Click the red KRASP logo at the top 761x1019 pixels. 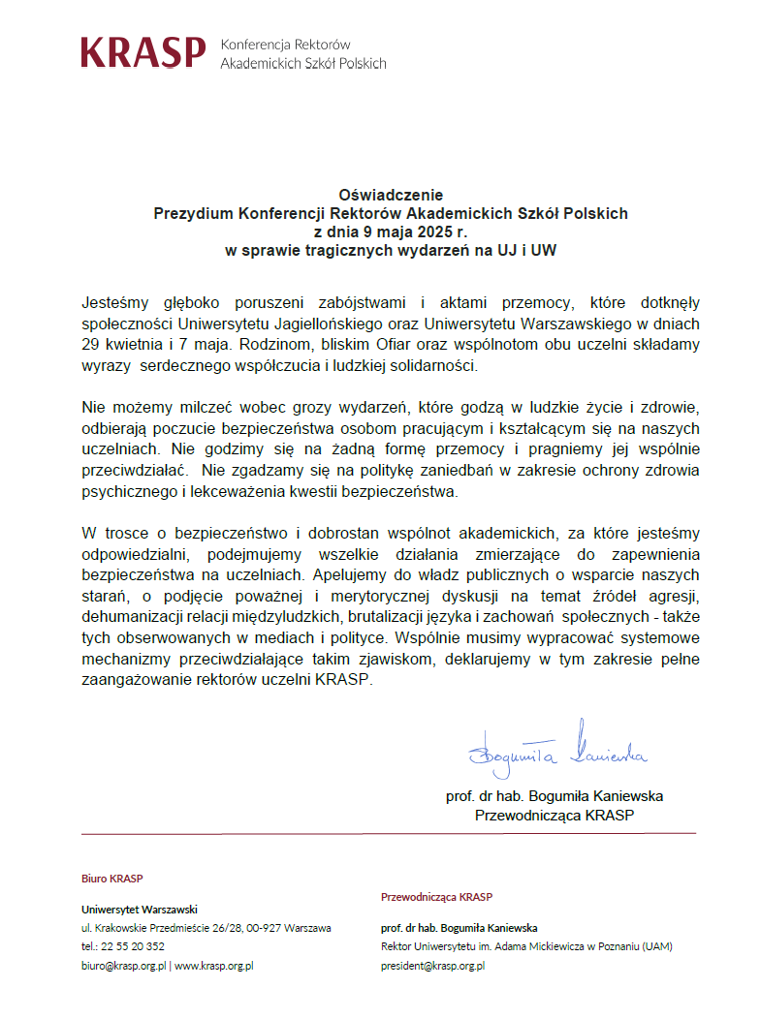point(143,52)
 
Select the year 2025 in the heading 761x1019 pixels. point(431,232)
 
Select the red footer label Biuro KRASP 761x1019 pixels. point(111,879)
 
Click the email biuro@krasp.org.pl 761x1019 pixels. point(123,966)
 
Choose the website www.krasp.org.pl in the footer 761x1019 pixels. point(213,966)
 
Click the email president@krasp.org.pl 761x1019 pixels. point(432,966)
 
